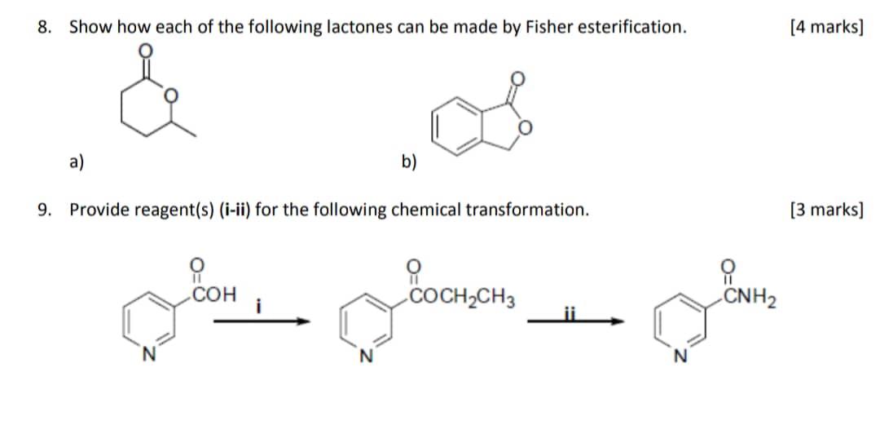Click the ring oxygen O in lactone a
pos(170,96)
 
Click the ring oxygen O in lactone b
pos(526,127)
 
